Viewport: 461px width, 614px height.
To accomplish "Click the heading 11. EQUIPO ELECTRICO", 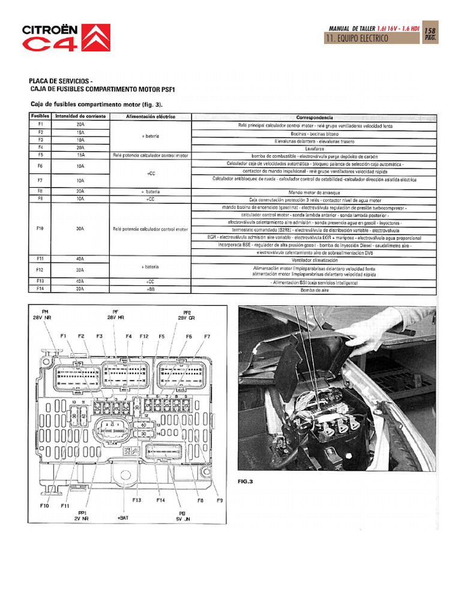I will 357,38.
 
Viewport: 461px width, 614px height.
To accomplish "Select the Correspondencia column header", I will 315,117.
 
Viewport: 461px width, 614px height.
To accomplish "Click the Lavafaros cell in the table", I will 315,148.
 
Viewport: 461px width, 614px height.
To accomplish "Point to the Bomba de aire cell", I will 315,289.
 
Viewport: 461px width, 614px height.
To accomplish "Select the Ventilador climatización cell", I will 315,260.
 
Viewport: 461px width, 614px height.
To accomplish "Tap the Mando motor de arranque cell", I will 315,191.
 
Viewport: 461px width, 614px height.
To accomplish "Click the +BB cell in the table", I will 150,289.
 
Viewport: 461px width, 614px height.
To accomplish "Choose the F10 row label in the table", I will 40,228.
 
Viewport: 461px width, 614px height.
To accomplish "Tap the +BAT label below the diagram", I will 123,517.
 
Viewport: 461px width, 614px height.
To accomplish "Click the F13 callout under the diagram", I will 137,500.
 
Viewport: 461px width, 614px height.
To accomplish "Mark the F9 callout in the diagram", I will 220,500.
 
